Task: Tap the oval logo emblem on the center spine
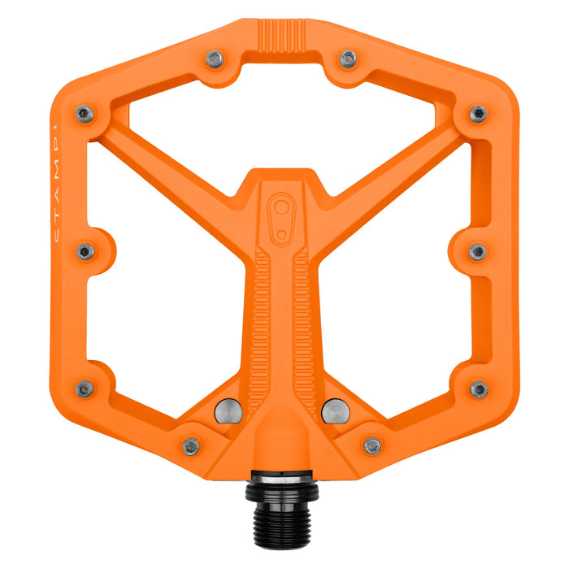coord(281,217)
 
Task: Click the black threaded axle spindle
coord(284,508)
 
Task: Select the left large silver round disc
coord(228,411)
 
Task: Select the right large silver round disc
coord(334,411)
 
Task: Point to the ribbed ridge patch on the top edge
coord(281,36)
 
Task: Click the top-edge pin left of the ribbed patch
coord(215,59)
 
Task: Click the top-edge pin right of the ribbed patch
coord(348,59)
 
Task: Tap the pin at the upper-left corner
coord(84,114)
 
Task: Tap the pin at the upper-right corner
coord(479,114)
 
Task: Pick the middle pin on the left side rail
coord(85,252)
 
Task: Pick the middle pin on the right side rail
coord(478,252)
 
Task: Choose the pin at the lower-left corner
coord(85,389)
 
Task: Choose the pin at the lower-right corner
coord(480,389)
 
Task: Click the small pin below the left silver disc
coord(191,446)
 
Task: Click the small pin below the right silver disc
coord(372,446)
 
